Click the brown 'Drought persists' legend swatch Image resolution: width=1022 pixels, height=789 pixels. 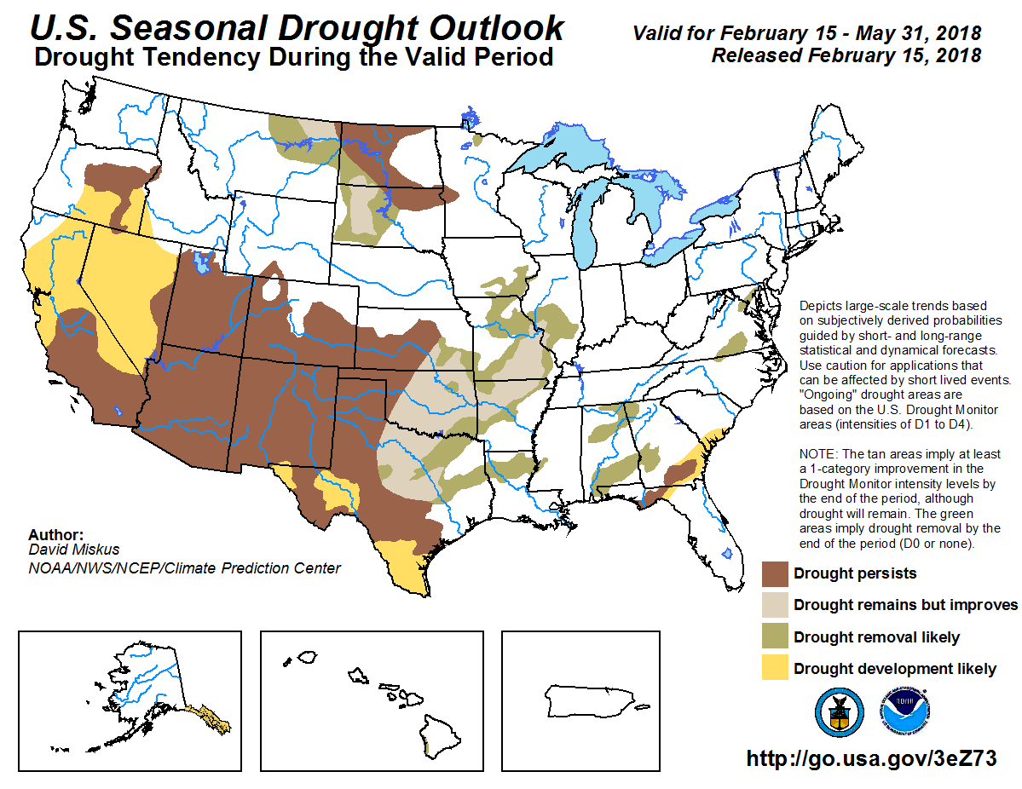(x=775, y=573)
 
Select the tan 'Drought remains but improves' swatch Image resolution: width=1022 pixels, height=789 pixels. (x=775, y=605)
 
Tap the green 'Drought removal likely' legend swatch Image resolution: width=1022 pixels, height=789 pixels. (x=775, y=636)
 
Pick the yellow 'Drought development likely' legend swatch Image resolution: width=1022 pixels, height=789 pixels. (x=775, y=668)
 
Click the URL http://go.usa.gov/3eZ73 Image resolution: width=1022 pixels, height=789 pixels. (x=871, y=759)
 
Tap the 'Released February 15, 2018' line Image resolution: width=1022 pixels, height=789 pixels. (x=846, y=55)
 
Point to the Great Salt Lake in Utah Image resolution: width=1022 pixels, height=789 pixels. (x=203, y=260)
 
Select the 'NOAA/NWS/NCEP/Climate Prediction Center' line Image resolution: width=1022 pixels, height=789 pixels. (x=184, y=568)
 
